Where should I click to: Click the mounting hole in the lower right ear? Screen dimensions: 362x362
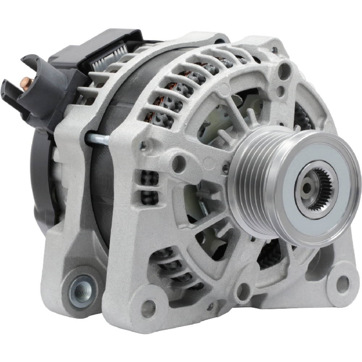click(x=342, y=279)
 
